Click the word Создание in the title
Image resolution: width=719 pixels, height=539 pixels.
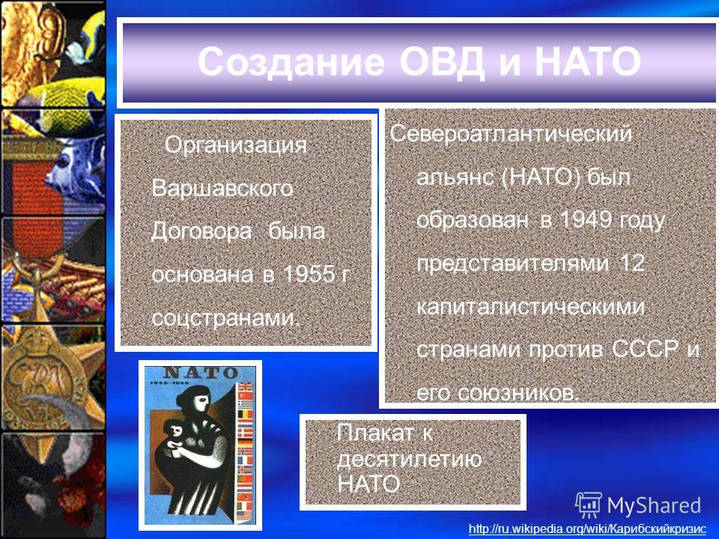click(x=291, y=62)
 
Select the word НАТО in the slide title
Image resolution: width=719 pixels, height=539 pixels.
click(x=587, y=62)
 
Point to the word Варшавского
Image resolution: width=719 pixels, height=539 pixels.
click(x=222, y=188)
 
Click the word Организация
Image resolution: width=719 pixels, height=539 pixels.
click(x=236, y=144)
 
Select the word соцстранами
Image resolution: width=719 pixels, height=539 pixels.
click(x=225, y=317)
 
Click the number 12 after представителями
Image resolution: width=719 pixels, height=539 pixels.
click(x=632, y=263)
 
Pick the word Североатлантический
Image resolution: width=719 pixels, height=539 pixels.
click(x=511, y=134)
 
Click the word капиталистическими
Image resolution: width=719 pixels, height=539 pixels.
click(x=530, y=306)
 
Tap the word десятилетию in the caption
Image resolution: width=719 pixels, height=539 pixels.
click(x=409, y=459)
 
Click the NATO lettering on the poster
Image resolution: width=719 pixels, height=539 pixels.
click(x=201, y=373)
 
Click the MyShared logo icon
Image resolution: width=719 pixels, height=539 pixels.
click(x=589, y=505)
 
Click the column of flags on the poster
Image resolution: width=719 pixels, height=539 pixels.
click(x=246, y=451)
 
